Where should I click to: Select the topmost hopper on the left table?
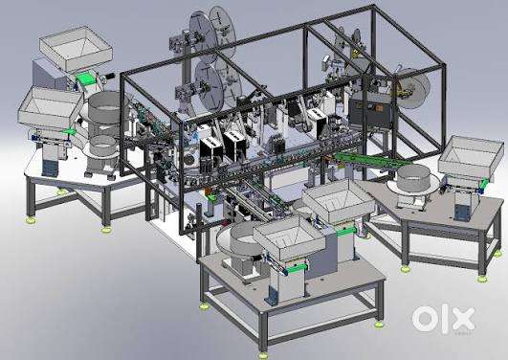[77, 49]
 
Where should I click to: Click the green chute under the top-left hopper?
[87, 79]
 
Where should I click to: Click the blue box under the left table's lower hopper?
[49, 168]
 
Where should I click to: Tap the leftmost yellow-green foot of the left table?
[32, 219]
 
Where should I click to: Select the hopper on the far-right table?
[468, 157]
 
